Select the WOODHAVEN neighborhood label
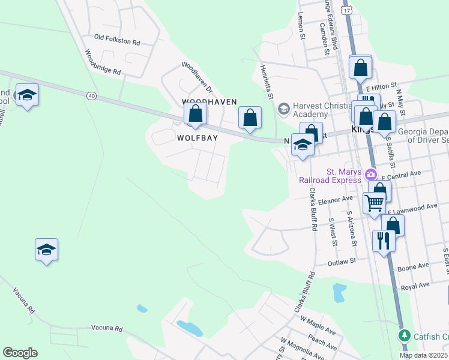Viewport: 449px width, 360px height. [209, 102]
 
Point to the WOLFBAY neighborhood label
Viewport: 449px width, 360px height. [197, 137]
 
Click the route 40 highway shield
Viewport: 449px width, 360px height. [91, 95]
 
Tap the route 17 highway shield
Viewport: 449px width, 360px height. [346, 11]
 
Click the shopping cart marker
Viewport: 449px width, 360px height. [374, 204]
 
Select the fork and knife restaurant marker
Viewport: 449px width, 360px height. [384, 241]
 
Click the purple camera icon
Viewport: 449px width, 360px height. [371, 175]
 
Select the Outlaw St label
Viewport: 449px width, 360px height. [342, 262]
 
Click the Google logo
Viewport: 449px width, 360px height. [20, 353]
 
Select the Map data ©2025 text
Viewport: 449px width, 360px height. [423, 355]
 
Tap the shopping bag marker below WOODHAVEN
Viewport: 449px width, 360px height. [195, 113]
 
